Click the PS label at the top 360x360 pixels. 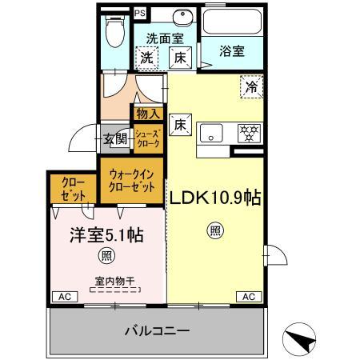point(140,12)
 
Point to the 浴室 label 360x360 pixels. point(234,50)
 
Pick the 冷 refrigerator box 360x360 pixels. point(250,86)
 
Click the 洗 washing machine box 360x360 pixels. point(146,57)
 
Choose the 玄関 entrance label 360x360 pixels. point(115,138)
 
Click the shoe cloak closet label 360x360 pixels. point(147,138)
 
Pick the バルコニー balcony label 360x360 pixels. point(157,330)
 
